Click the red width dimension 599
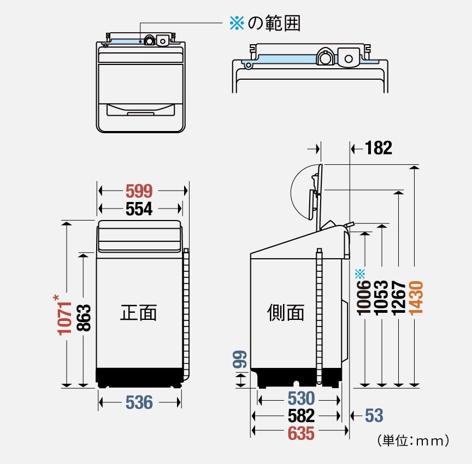[x=139, y=191]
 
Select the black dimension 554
[x=139, y=208]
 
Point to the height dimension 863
[x=83, y=318]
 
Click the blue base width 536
[x=139, y=403]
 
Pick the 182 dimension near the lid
[x=378, y=148]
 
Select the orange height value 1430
[x=416, y=297]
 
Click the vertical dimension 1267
[x=399, y=298]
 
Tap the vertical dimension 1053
[x=381, y=298]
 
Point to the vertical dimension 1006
[x=364, y=298]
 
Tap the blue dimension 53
[x=374, y=416]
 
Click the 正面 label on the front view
[x=138, y=313]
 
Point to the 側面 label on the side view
[x=285, y=313]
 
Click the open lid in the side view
[x=316, y=191]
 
